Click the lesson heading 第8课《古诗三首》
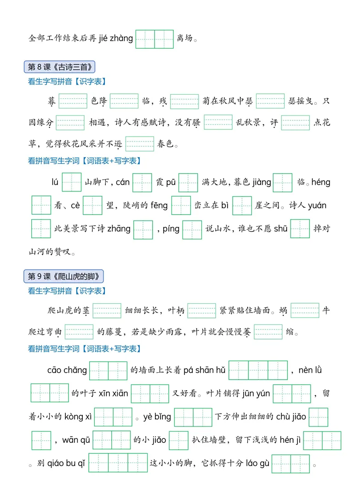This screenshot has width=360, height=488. click(59, 67)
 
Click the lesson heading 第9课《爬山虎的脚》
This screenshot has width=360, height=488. click(63, 276)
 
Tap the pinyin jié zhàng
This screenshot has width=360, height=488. click(116, 38)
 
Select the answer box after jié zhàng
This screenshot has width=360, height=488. click(154, 39)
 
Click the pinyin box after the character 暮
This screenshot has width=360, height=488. click(73, 101)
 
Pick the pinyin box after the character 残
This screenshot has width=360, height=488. click(184, 102)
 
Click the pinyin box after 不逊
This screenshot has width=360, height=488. click(140, 144)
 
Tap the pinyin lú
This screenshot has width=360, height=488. click(55, 182)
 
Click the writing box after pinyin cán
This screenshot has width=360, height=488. click(143, 182)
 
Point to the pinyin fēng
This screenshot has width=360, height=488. click(159, 205)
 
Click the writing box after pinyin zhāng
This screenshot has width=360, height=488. click(143, 230)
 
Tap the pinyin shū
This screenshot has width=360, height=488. click(280, 229)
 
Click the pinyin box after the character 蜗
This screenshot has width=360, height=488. click(305, 310)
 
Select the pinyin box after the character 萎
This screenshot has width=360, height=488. click(268, 332)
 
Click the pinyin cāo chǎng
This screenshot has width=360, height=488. click(67, 370)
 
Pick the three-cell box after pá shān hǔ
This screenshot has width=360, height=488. click(258, 370)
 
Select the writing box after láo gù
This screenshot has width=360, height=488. click(291, 464)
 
